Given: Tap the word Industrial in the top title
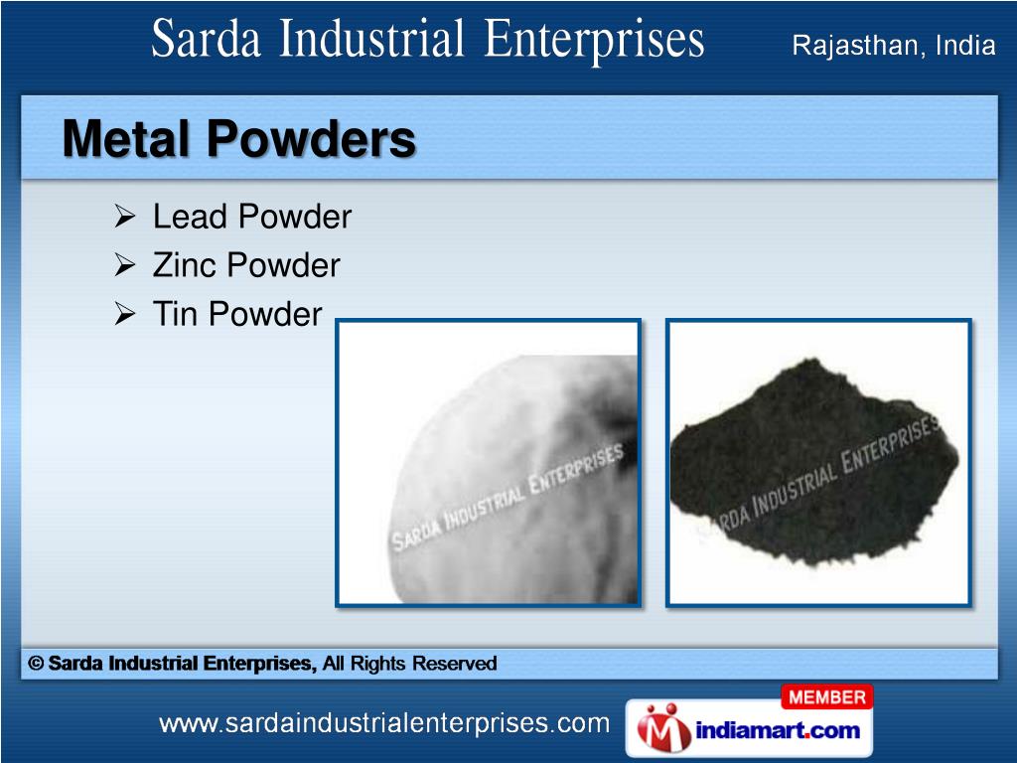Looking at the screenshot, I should pyautogui.click(x=374, y=43).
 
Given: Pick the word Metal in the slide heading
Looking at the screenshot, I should pyautogui.click(x=124, y=139).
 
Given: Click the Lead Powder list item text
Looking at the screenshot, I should pyautogui.click(x=251, y=217).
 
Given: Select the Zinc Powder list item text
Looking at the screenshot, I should pyautogui.click(x=245, y=265).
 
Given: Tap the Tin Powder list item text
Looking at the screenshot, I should pyautogui.click(x=236, y=314).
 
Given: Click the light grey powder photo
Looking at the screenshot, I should pyautogui.click(x=488, y=462).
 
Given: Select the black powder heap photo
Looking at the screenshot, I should pyautogui.click(x=817, y=462).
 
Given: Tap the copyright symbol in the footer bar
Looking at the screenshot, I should pyautogui.click(x=37, y=664).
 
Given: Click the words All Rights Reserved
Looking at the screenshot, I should pyautogui.click(x=409, y=664).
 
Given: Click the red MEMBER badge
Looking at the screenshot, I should pyautogui.click(x=827, y=698).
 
